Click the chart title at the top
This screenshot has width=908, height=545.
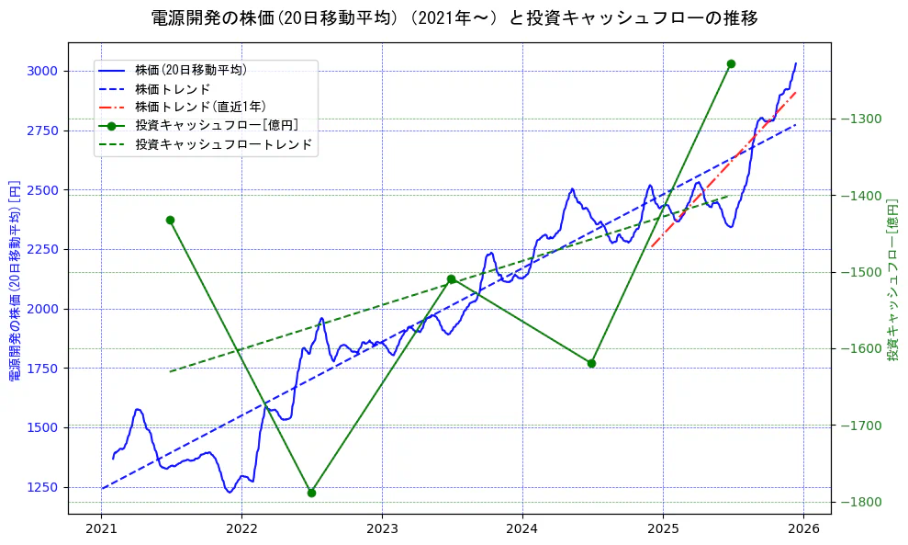click(x=454, y=17)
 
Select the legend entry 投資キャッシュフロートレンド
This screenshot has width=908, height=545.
click(x=223, y=144)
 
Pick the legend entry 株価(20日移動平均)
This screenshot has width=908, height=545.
click(x=190, y=69)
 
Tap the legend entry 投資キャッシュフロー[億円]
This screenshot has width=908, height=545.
click(x=216, y=126)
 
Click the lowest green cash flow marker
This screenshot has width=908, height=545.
click(x=311, y=493)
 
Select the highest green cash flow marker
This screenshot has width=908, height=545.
click(x=731, y=63)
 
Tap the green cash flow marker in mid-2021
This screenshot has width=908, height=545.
click(x=170, y=220)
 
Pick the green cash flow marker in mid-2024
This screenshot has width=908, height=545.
click(x=591, y=363)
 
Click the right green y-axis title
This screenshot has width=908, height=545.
click(x=892, y=278)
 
